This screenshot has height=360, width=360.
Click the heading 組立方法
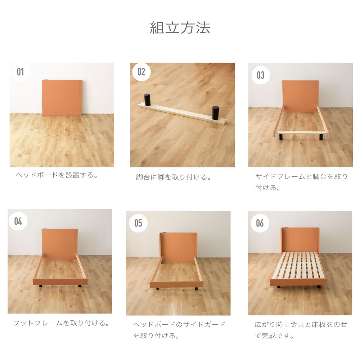(x=180, y=28)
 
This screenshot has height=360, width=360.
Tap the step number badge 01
(x=21, y=72)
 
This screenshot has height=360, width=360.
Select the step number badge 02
(x=141, y=72)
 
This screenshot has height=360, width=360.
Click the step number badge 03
(x=261, y=75)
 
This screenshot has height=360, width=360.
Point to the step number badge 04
(x=18, y=221)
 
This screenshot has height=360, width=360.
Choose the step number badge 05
(x=138, y=223)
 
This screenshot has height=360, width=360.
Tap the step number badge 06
(x=260, y=223)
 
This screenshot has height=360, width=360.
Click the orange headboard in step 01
(x=62, y=97)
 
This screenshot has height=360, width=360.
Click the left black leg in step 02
(x=147, y=100)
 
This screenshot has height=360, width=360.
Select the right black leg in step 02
(x=216, y=113)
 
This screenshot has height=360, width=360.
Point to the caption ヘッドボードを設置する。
(x=57, y=175)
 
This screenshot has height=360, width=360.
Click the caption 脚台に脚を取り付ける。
(x=174, y=177)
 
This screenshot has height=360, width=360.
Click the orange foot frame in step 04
(x=60, y=282)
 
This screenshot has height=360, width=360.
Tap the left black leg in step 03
(x=281, y=137)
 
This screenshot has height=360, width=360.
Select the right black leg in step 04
(x=80, y=286)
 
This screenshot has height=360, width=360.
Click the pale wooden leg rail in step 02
(x=183, y=113)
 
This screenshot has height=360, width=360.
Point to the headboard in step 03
(x=300, y=96)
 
